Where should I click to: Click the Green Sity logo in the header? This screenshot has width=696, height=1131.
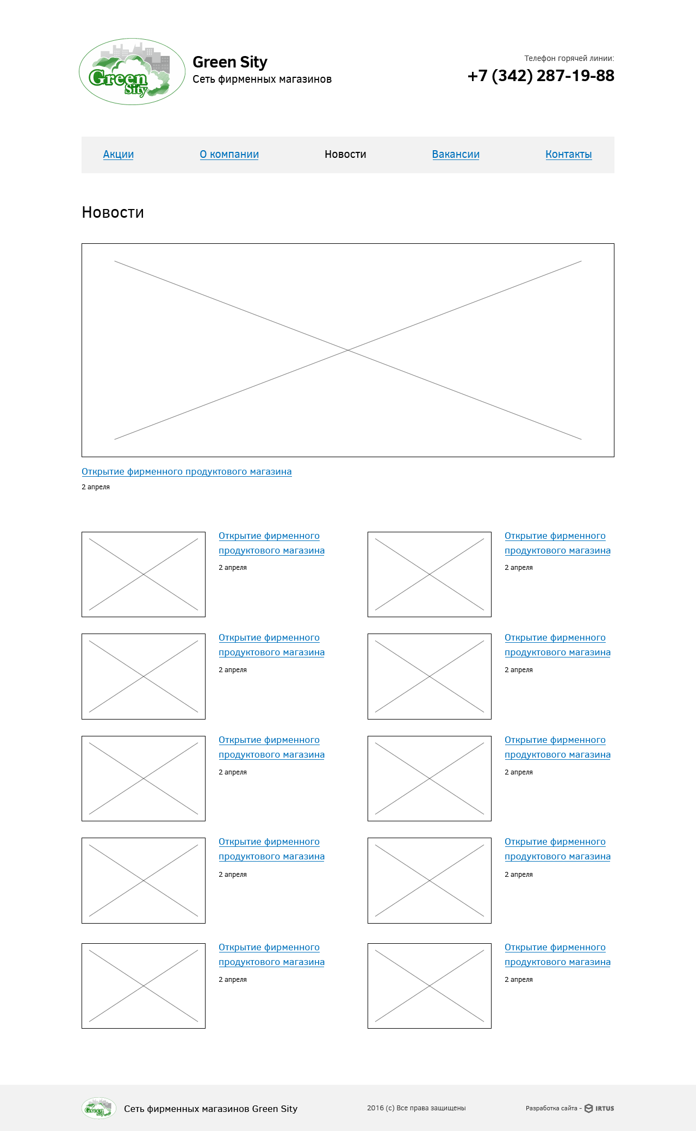(x=132, y=72)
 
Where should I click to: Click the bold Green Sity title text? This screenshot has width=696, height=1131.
(x=230, y=63)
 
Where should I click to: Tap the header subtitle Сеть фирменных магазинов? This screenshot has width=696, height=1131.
(x=262, y=79)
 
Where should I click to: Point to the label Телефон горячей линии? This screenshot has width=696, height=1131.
(x=569, y=58)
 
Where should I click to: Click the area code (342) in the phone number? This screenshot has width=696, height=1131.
(x=512, y=76)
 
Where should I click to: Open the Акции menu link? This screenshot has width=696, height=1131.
(x=119, y=155)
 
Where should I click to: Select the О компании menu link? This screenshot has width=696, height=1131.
(x=229, y=155)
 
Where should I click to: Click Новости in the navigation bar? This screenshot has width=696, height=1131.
(x=345, y=155)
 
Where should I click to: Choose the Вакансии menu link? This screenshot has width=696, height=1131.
(x=456, y=155)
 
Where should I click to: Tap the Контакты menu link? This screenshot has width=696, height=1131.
(x=569, y=155)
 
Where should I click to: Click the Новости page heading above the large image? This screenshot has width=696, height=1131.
(x=113, y=212)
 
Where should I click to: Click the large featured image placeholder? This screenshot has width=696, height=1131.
(x=348, y=350)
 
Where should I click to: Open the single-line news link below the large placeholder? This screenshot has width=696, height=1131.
(x=187, y=472)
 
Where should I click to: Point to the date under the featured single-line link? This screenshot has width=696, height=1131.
(x=96, y=487)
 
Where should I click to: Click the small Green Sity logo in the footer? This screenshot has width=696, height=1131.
(x=98, y=1108)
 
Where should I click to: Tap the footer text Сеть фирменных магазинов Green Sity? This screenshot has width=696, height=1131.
(x=210, y=1109)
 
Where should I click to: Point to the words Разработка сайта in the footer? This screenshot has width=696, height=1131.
(x=551, y=1108)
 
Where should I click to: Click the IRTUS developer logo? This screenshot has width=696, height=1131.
(x=599, y=1108)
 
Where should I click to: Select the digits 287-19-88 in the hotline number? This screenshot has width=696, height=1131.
(x=575, y=76)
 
